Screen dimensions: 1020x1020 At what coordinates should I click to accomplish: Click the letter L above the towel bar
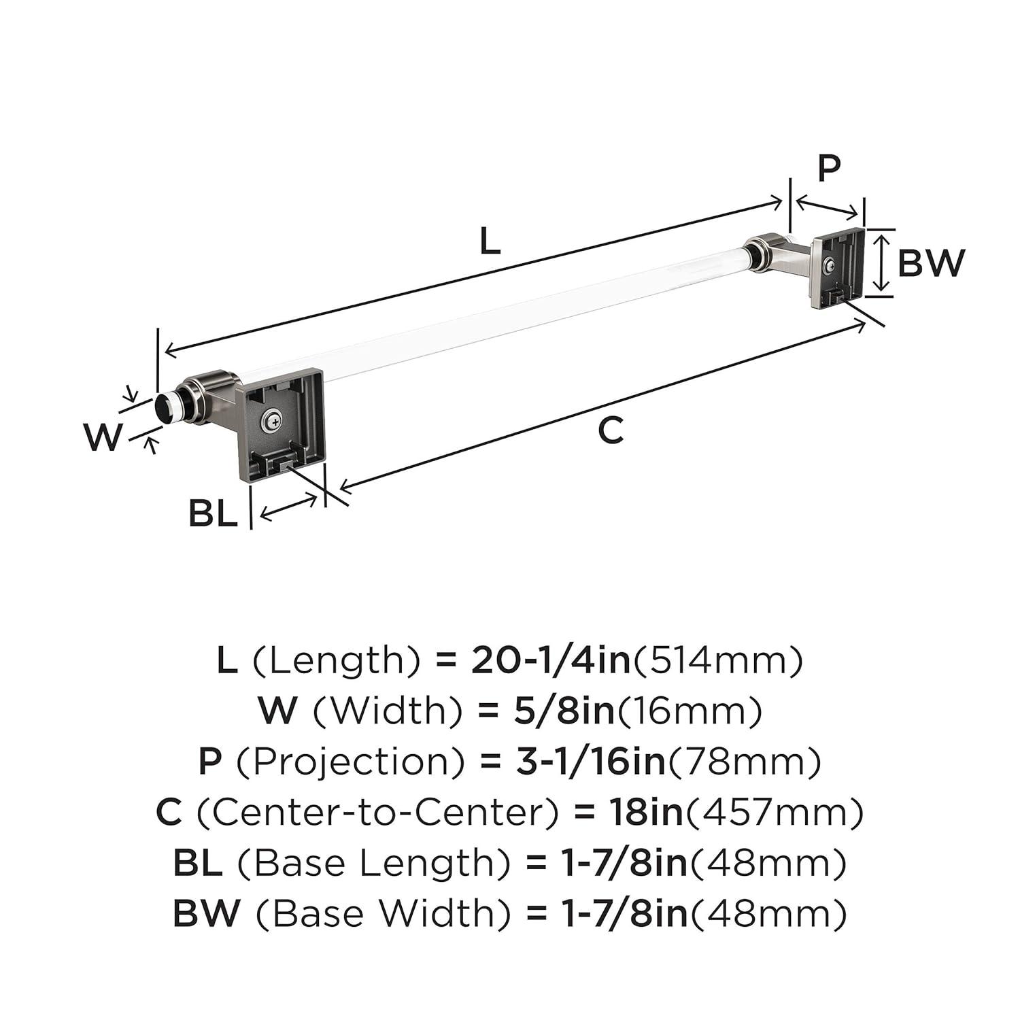[490, 241]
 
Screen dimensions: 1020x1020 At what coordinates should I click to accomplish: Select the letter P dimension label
[828, 168]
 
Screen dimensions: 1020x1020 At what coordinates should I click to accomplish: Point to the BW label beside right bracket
[930, 263]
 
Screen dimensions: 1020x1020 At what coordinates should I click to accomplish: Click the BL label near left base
[213, 513]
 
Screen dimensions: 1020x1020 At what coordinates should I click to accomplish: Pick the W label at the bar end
[103, 437]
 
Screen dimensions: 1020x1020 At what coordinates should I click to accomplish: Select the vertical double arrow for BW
[882, 262]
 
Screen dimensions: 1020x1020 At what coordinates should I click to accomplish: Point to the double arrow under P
[827, 208]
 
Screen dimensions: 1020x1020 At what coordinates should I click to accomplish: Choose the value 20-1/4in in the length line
[551, 660]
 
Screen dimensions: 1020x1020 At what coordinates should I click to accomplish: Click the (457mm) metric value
[775, 813]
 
